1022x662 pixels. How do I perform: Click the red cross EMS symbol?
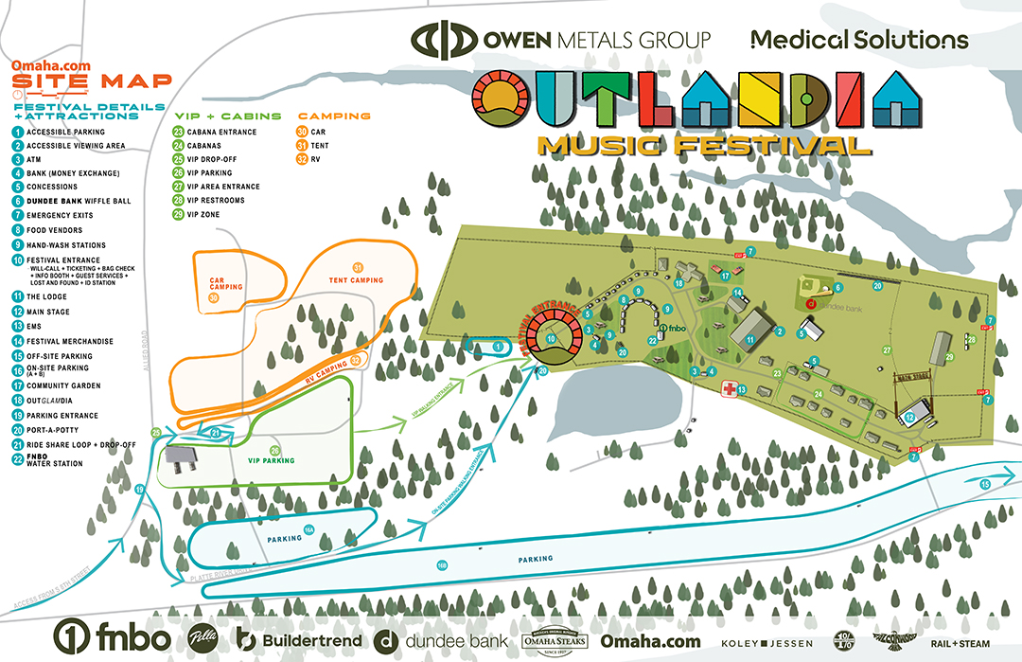730,389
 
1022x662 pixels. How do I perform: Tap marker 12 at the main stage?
908,417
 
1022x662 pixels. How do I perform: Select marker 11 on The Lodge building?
749,338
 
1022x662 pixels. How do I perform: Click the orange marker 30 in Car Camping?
213,298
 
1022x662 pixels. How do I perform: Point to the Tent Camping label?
357,280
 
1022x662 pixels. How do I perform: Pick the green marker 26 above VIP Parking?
275,450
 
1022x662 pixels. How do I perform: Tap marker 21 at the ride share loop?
216,433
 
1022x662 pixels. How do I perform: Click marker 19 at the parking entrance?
139,489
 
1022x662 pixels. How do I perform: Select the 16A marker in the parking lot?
308,529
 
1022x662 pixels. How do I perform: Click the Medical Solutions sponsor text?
859,40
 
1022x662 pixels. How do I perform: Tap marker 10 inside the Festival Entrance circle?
551,338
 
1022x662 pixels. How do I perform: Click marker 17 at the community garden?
726,277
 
